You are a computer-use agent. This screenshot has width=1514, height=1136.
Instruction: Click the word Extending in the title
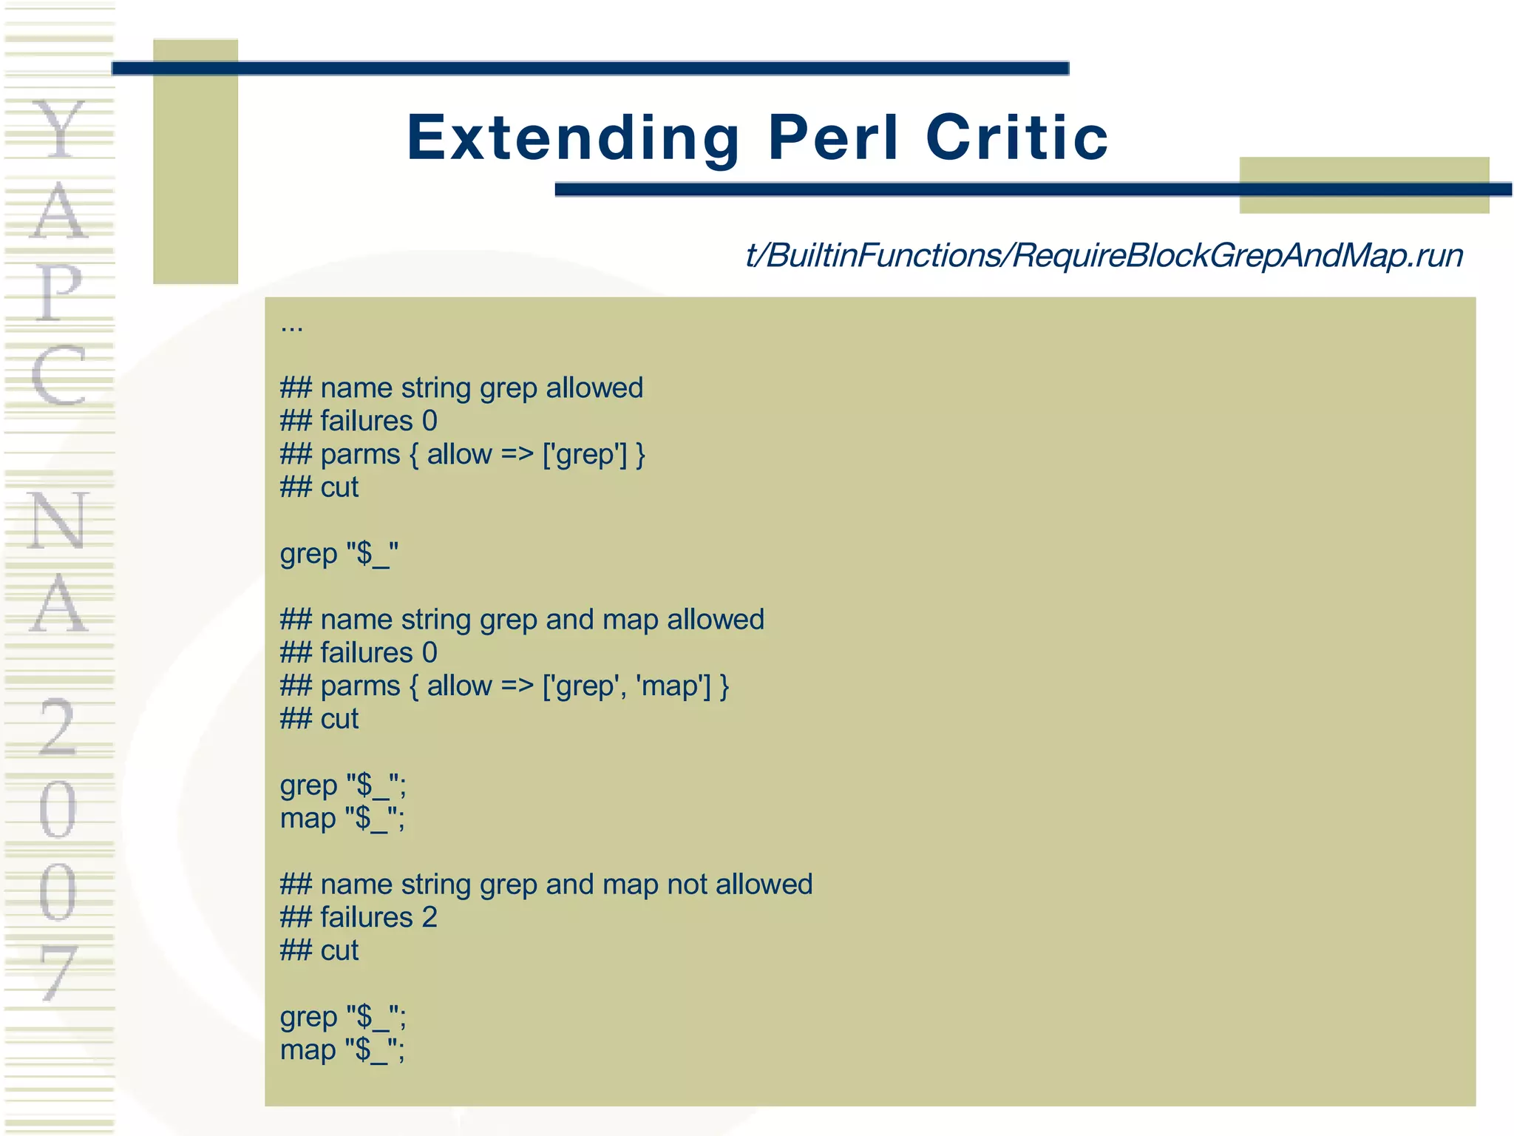click(573, 138)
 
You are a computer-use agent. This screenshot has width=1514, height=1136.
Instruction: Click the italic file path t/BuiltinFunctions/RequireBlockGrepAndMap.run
click(1104, 256)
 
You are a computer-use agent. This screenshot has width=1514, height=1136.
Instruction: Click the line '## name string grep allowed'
click(461, 388)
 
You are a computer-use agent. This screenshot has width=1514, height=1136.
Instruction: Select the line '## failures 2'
click(359, 918)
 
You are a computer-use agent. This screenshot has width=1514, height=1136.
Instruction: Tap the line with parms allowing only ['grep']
click(463, 454)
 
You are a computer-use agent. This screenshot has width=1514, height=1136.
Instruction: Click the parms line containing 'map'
click(504, 686)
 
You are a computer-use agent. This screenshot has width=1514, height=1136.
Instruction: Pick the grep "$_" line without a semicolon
click(339, 554)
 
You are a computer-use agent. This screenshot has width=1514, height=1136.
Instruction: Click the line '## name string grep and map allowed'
click(522, 620)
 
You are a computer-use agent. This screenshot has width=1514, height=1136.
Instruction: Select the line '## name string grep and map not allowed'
click(546, 885)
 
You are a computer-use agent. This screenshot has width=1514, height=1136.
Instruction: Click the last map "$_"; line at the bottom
click(342, 1050)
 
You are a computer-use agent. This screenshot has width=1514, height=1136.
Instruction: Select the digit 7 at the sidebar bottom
click(58, 973)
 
